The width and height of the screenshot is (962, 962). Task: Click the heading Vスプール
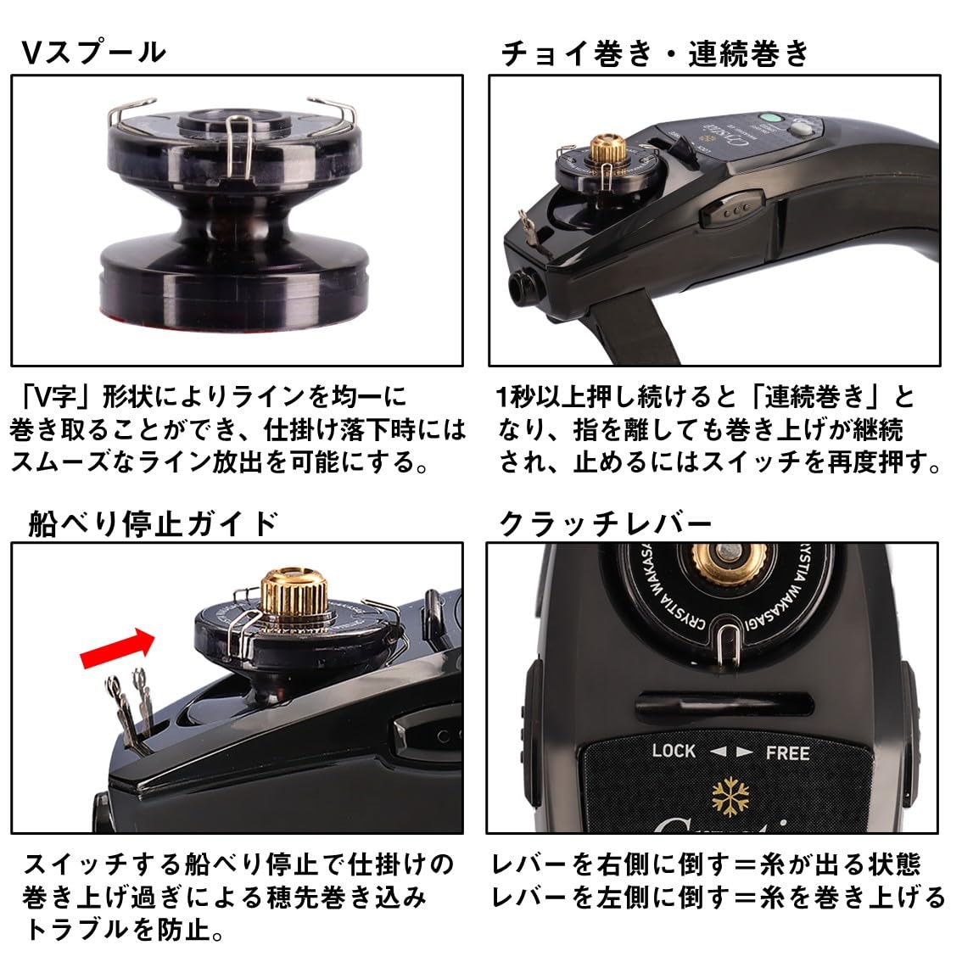tap(93, 53)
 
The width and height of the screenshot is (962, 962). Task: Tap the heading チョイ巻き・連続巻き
tap(654, 53)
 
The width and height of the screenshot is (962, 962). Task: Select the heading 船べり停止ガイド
tap(154, 523)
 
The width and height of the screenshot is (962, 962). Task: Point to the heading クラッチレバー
tap(605, 523)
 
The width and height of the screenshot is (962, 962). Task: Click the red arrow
tap(116, 647)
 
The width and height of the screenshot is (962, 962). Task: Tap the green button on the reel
tap(770, 120)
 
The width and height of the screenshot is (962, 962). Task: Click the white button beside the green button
tap(801, 130)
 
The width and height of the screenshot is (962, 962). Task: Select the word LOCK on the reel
tap(674, 751)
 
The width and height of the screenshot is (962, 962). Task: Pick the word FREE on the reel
tap(787, 752)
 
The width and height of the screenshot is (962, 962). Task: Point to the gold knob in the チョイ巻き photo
tap(608, 148)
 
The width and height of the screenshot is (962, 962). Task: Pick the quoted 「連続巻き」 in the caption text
tap(815, 397)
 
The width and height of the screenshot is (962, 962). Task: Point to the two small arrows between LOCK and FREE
tap(730, 752)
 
